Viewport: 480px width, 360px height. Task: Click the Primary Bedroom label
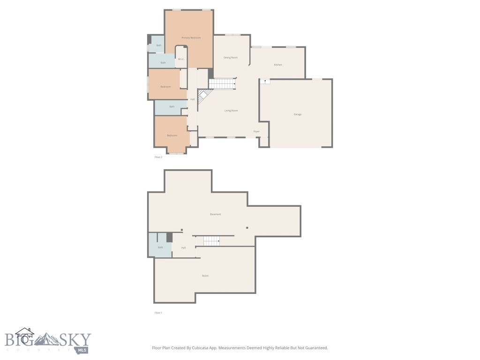pyautogui.click(x=191, y=37)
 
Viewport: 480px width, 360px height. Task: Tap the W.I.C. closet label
pyautogui.click(x=180, y=59)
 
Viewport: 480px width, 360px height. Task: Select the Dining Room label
pyautogui.click(x=230, y=58)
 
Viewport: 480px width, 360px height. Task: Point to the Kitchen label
pyautogui.click(x=278, y=65)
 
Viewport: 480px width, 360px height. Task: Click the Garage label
pyautogui.click(x=297, y=114)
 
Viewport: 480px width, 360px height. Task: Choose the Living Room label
pyautogui.click(x=231, y=111)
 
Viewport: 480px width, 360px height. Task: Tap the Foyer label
pyautogui.click(x=256, y=131)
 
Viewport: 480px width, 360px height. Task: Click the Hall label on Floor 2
pyautogui.click(x=192, y=99)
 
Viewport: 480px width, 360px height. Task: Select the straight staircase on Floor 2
pyautogui.click(x=222, y=84)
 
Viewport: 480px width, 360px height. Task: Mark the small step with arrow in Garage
pyautogui.click(x=265, y=81)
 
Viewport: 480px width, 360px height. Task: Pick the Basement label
pyautogui.click(x=215, y=214)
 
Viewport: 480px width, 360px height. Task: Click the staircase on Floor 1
pyautogui.click(x=211, y=241)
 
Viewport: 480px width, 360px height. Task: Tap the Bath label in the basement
pyautogui.click(x=160, y=247)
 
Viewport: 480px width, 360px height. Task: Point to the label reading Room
pyautogui.click(x=205, y=276)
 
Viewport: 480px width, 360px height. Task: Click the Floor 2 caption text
pyautogui.click(x=158, y=157)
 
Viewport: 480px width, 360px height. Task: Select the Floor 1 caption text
pyautogui.click(x=158, y=313)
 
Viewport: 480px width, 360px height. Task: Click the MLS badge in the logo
pyautogui.click(x=83, y=350)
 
